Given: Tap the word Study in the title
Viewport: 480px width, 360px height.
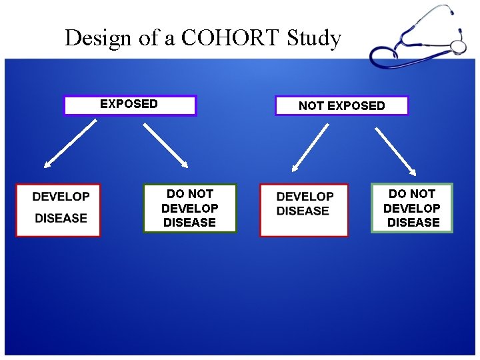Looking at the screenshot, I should [314, 39].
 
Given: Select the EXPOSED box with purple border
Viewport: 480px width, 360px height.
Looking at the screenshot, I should [130, 105].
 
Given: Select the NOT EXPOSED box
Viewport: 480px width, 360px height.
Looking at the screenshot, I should [341, 105].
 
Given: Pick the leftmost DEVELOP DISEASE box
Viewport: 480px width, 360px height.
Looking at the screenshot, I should [58, 210].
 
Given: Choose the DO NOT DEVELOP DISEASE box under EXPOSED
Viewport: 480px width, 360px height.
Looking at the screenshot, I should [190, 208].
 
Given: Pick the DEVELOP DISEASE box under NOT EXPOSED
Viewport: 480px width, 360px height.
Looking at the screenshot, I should [304, 210].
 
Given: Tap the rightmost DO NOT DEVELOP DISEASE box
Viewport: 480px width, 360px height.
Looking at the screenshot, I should [412, 208].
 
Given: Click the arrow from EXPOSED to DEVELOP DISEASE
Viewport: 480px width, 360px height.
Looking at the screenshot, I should [69, 144].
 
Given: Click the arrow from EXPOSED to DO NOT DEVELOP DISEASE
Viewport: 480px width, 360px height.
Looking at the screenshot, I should [166, 144].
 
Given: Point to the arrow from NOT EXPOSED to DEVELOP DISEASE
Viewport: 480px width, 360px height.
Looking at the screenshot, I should [311, 147].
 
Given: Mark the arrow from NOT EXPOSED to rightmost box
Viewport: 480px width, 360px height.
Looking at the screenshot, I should [395, 149].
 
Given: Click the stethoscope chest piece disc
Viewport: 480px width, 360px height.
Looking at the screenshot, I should [458, 47].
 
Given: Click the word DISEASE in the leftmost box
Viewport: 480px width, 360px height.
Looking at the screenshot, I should [61, 218].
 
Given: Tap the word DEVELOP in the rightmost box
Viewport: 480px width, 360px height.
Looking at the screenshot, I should [412, 208].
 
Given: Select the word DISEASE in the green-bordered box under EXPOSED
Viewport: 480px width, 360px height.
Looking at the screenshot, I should [190, 223].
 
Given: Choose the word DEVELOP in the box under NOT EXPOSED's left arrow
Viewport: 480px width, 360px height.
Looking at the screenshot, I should [305, 197].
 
